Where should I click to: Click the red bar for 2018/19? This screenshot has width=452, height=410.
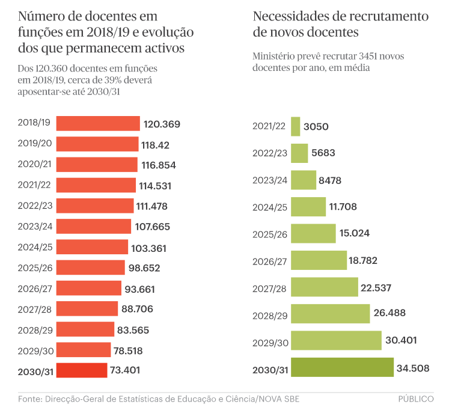click(x=98, y=124)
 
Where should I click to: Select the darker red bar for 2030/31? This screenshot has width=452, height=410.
click(x=82, y=370)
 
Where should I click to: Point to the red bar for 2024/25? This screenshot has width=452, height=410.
click(x=92, y=247)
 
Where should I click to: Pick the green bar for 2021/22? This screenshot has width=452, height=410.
click(x=295, y=126)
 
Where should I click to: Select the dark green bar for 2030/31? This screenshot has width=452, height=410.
click(x=341, y=368)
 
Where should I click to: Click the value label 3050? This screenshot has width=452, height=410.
click(x=316, y=127)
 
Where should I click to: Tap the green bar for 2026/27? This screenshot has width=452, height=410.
click(x=319, y=260)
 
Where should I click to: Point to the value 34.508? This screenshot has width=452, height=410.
click(x=412, y=368)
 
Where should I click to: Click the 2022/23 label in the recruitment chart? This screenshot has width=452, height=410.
click(x=270, y=153)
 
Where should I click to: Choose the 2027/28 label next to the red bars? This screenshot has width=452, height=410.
click(x=36, y=308)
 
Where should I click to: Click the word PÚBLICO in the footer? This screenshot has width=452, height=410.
click(x=416, y=399)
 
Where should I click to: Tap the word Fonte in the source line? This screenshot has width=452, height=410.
click(x=30, y=399)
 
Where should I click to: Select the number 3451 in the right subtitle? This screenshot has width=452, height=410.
click(x=369, y=56)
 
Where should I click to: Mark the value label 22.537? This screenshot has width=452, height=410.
click(x=376, y=287)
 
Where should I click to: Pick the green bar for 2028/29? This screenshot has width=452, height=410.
click(x=330, y=314)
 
